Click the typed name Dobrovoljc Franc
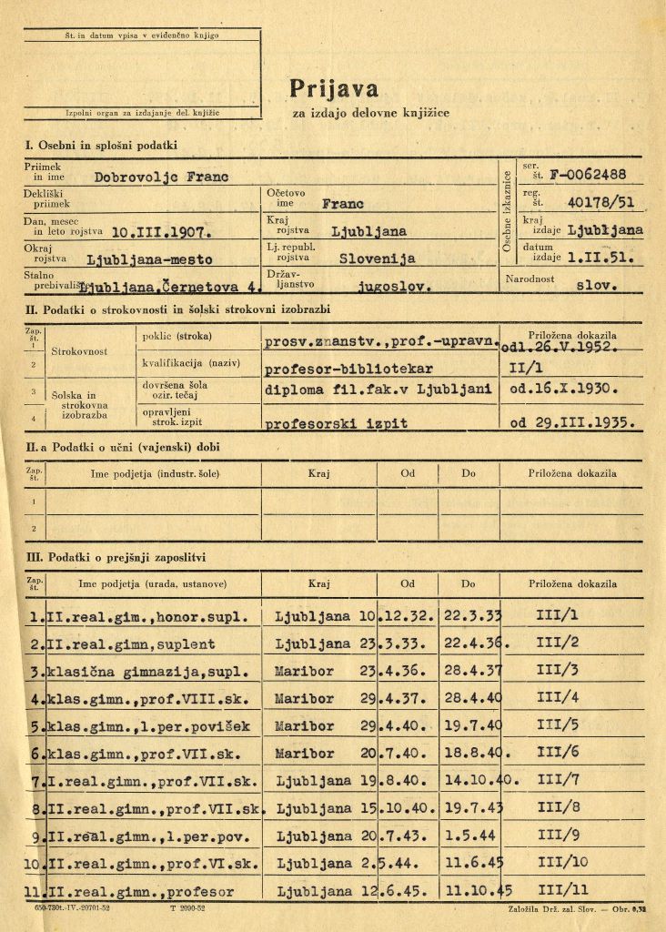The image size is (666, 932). coord(162,177)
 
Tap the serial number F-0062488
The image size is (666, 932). coord(589,174)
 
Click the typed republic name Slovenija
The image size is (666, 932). coord(377,258)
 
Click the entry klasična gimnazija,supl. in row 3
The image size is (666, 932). coord(146,672)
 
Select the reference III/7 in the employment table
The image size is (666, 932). coord(558,782)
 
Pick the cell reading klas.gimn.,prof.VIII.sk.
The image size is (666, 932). coord(152,700)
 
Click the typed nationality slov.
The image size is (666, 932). coord(598,285)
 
